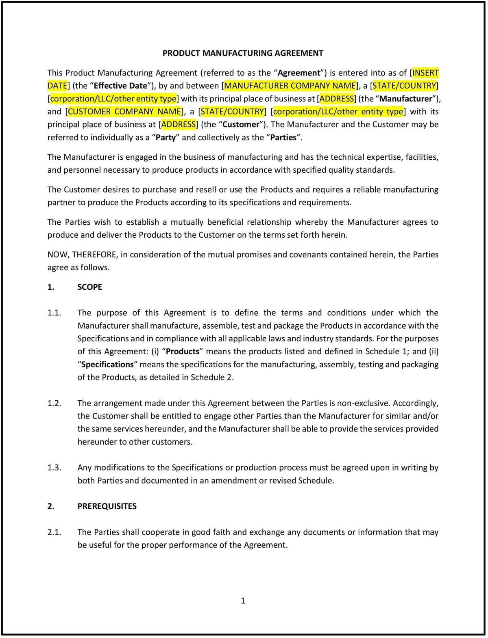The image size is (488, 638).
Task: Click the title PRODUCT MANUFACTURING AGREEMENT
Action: point(243,53)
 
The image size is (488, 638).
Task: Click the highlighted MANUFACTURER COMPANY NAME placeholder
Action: point(290,86)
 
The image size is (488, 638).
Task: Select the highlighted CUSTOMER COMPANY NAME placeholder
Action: point(124,112)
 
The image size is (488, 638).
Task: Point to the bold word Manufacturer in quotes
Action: point(405,99)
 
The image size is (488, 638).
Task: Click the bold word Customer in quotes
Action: point(241,125)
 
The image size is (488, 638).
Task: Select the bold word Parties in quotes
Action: point(283,138)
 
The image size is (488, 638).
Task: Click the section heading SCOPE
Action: point(90,287)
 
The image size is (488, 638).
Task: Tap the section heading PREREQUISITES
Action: point(107,506)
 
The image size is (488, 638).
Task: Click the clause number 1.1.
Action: point(54,313)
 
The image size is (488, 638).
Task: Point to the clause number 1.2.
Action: point(54,403)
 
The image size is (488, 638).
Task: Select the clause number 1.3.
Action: point(54,468)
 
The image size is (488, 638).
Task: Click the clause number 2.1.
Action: point(54,532)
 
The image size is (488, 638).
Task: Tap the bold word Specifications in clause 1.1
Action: point(107,365)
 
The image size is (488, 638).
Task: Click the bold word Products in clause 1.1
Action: point(183,352)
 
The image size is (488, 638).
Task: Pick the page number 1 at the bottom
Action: point(243,601)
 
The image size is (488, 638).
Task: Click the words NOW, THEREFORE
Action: point(83,255)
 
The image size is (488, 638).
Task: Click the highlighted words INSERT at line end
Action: point(426,73)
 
